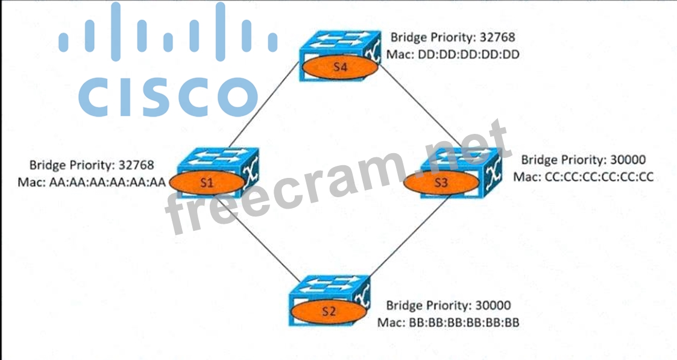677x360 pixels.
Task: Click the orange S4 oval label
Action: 341,68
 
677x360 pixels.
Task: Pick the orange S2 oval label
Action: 329,311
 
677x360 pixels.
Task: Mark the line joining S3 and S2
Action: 407,241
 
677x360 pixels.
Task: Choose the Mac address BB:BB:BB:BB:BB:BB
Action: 464,321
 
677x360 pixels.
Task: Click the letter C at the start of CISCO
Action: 96,95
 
